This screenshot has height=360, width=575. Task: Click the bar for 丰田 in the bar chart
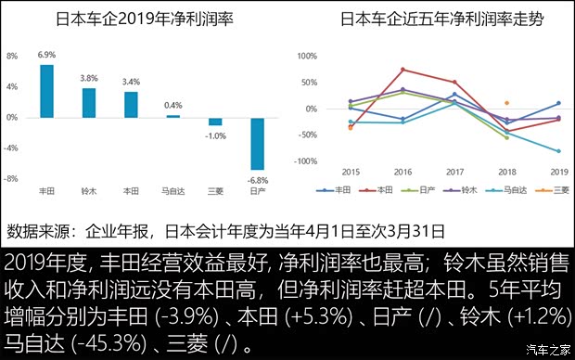tap(46, 91)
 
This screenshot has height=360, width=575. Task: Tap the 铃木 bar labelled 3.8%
tap(89, 103)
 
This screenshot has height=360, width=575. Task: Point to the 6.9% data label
tap(46, 56)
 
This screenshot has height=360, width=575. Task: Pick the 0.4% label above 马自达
tap(172, 105)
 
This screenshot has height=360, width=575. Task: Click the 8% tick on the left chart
tap(12, 56)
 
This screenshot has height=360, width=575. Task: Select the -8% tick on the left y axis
tap(12, 179)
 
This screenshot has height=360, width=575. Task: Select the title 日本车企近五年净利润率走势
tap(430, 18)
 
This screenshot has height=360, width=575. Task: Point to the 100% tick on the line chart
tap(331, 56)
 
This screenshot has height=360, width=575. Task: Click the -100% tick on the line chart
tap(330, 161)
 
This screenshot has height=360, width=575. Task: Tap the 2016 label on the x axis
tap(402, 173)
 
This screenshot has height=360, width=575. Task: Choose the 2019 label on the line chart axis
tap(557, 173)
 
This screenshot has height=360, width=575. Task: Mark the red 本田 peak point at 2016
tap(402, 70)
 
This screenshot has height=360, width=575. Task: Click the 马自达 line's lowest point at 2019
tap(558, 150)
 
